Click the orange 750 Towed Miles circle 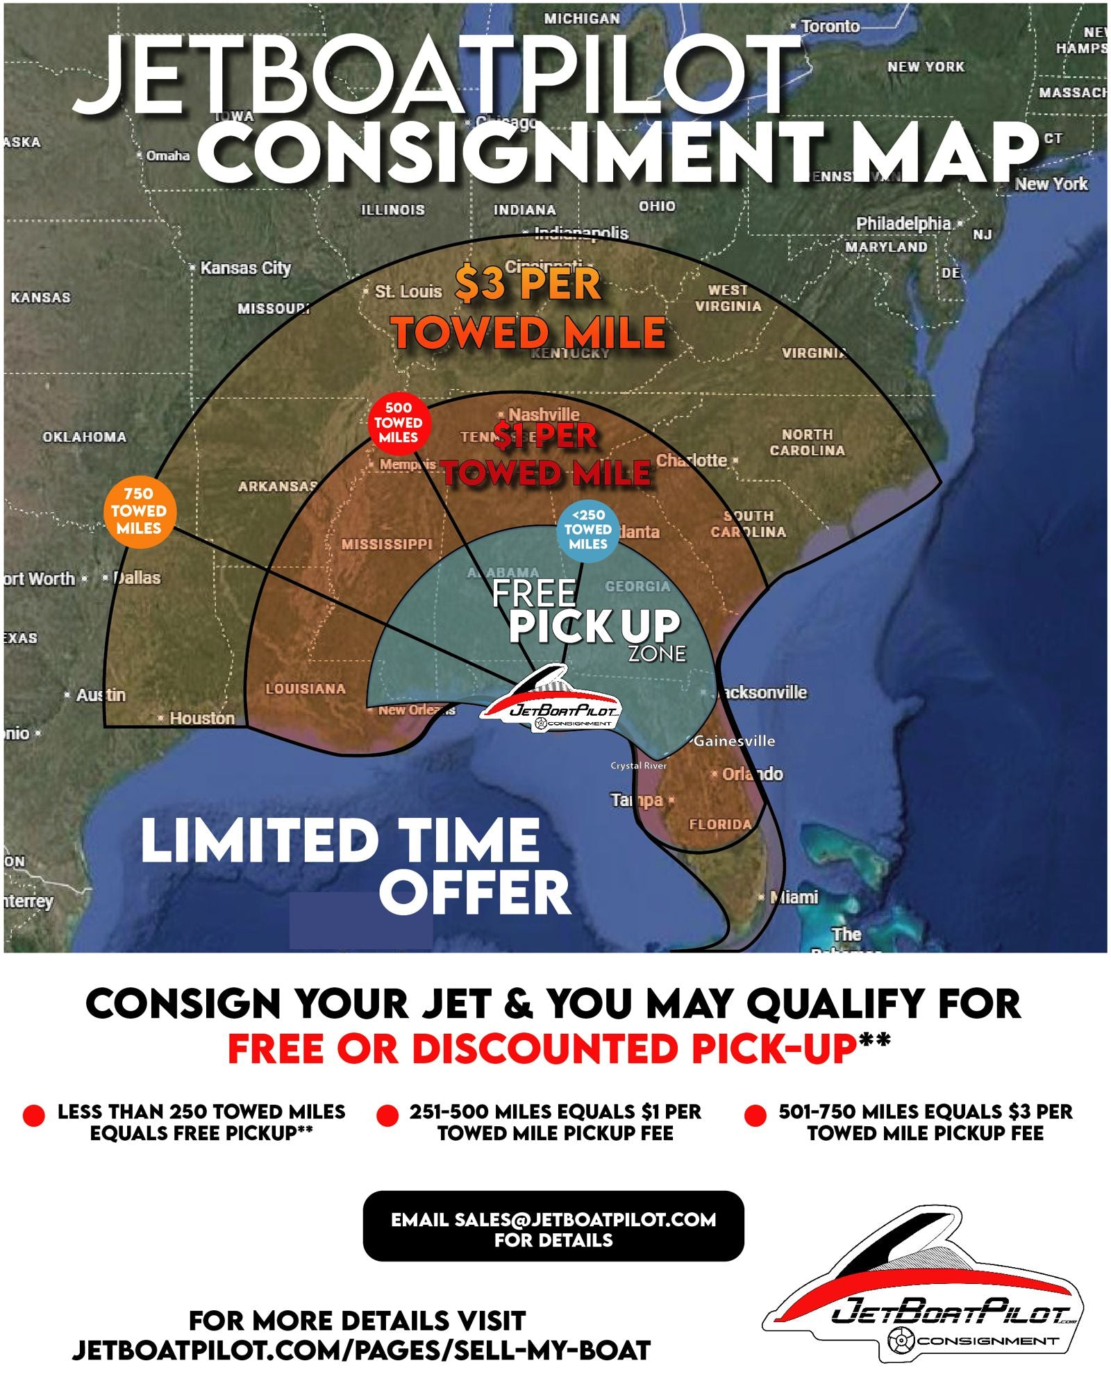[140, 512]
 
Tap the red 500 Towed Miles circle [399, 422]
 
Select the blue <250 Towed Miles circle [587, 530]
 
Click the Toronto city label [830, 26]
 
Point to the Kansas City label [245, 268]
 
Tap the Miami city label [794, 897]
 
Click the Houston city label [201, 718]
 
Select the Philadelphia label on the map [903, 224]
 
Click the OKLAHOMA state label [85, 437]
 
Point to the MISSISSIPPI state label [387, 544]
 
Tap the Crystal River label [638, 765]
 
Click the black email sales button [553, 1229]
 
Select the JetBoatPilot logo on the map [552, 701]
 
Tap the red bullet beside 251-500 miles [387, 1116]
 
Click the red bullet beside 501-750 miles [755, 1116]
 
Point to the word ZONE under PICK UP [657, 653]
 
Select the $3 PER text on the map [528, 284]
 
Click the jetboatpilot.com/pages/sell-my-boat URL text [361, 1350]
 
